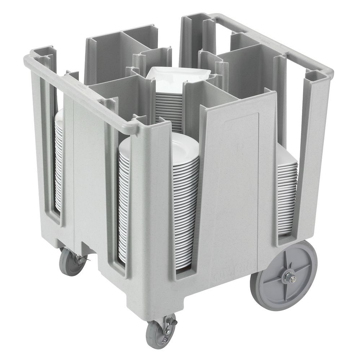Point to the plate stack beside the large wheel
[x=287, y=194]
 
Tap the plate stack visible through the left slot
[x=58, y=162]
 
